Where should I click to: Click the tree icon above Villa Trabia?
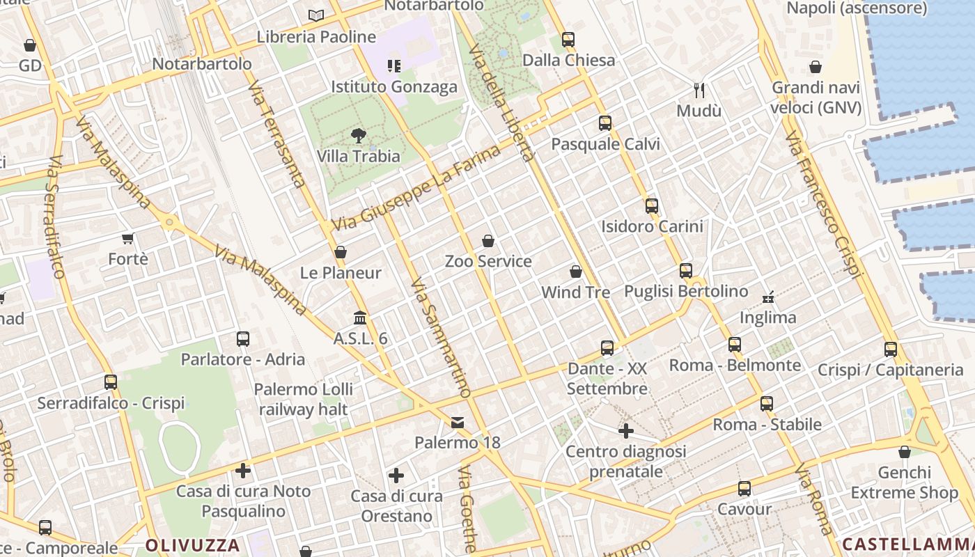pyautogui.click(x=359, y=136)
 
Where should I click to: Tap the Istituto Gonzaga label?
pyautogui.click(x=394, y=87)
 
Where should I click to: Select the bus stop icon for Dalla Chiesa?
pyautogui.click(x=568, y=40)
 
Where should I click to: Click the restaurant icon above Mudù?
pyautogui.click(x=699, y=90)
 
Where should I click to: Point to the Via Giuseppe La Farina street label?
pyautogui.click(x=416, y=189)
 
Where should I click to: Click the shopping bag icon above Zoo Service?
pyautogui.click(x=488, y=241)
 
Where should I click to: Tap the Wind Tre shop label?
pyautogui.click(x=575, y=292)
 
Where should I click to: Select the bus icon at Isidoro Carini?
pyautogui.click(x=652, y=206)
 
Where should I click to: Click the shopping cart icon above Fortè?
pyautogui.click(x=127, y=239)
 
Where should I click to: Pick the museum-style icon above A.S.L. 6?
pyautogui.click(x=360, y=318)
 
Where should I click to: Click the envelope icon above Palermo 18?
pyautogui.click(x=458, y=423)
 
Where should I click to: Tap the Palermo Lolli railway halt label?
pyautogui.click(x=303, y=399)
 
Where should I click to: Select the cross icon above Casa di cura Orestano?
pyautogui.click(x=396, y=476)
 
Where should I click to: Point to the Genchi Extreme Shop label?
pyautogui.click(x=904, y=483)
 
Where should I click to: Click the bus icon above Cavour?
pyautogui.click(x=744, y=489)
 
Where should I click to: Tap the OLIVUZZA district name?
pyautogui.click(x=193, y=545)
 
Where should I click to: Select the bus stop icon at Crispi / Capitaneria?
pyautogui.click(x=891, y=350)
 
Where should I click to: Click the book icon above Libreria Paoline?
pyautogui.click(x=316, y=15)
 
